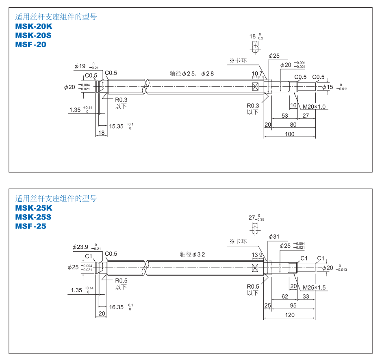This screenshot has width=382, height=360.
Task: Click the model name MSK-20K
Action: click(34, 26)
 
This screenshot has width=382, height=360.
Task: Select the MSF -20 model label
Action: click(31, 45)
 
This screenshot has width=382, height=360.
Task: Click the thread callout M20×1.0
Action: click(314, 107)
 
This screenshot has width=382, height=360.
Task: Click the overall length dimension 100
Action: click(289, 134)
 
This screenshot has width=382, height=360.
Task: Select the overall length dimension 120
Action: click(289, 315)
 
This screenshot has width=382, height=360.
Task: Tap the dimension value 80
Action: click(293, 125)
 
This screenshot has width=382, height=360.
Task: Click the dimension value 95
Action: click(293, 306)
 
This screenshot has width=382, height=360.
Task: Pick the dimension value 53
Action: click(284, 116)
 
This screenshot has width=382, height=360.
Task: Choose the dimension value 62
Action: click(284, 297)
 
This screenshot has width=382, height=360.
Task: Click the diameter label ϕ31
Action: click(274, 237)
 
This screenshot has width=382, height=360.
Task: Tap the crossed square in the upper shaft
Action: click(256, 86)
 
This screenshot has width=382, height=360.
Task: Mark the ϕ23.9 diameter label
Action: click(80, 247)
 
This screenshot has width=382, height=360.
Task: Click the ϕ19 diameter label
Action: click(80, 66)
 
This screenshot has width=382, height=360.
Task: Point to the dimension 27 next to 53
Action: click(306, 116)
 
